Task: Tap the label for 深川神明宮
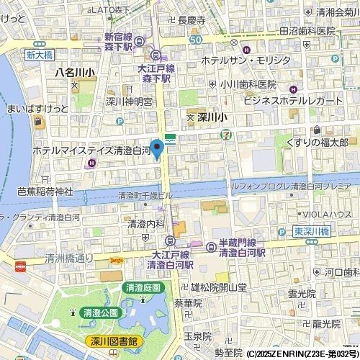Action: pos(129,102)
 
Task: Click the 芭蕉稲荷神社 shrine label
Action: pos(45,191)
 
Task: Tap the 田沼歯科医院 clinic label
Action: pos(308,32)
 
